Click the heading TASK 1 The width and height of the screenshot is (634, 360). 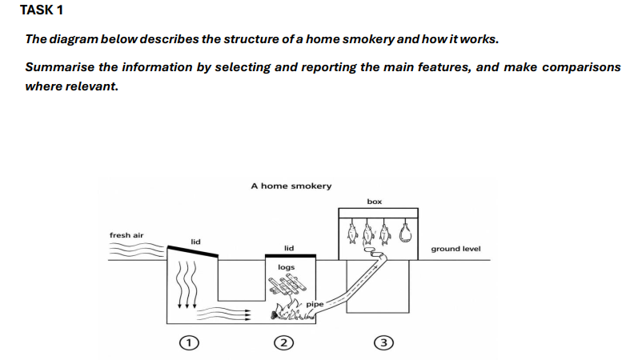tap(42, 10)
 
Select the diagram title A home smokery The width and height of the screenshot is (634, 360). tap(291, 186)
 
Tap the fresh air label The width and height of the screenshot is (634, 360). tap(126, 235)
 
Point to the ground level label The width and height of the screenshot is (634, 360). tap(455, 249)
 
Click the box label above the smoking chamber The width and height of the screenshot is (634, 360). tap(375, 202)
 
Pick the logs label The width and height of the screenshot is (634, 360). tap(287, 267)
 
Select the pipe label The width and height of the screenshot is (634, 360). tap(315, 304)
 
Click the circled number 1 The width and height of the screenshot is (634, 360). tap(189, 343)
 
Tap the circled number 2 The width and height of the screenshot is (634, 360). tap(284, 343)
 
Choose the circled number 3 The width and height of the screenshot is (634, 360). tap(383, 343)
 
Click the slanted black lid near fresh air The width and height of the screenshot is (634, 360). tap(193, 251)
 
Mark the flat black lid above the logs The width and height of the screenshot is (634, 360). tap(291, 256)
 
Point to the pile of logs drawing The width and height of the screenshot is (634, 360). tap(287, 284)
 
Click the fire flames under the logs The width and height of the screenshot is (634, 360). tap(292, 311)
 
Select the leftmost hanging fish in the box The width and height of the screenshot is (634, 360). tap(351, 231)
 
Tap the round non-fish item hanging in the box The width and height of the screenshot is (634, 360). tap(405, 231)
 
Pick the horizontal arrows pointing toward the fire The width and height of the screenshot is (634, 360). tap(224, 314)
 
